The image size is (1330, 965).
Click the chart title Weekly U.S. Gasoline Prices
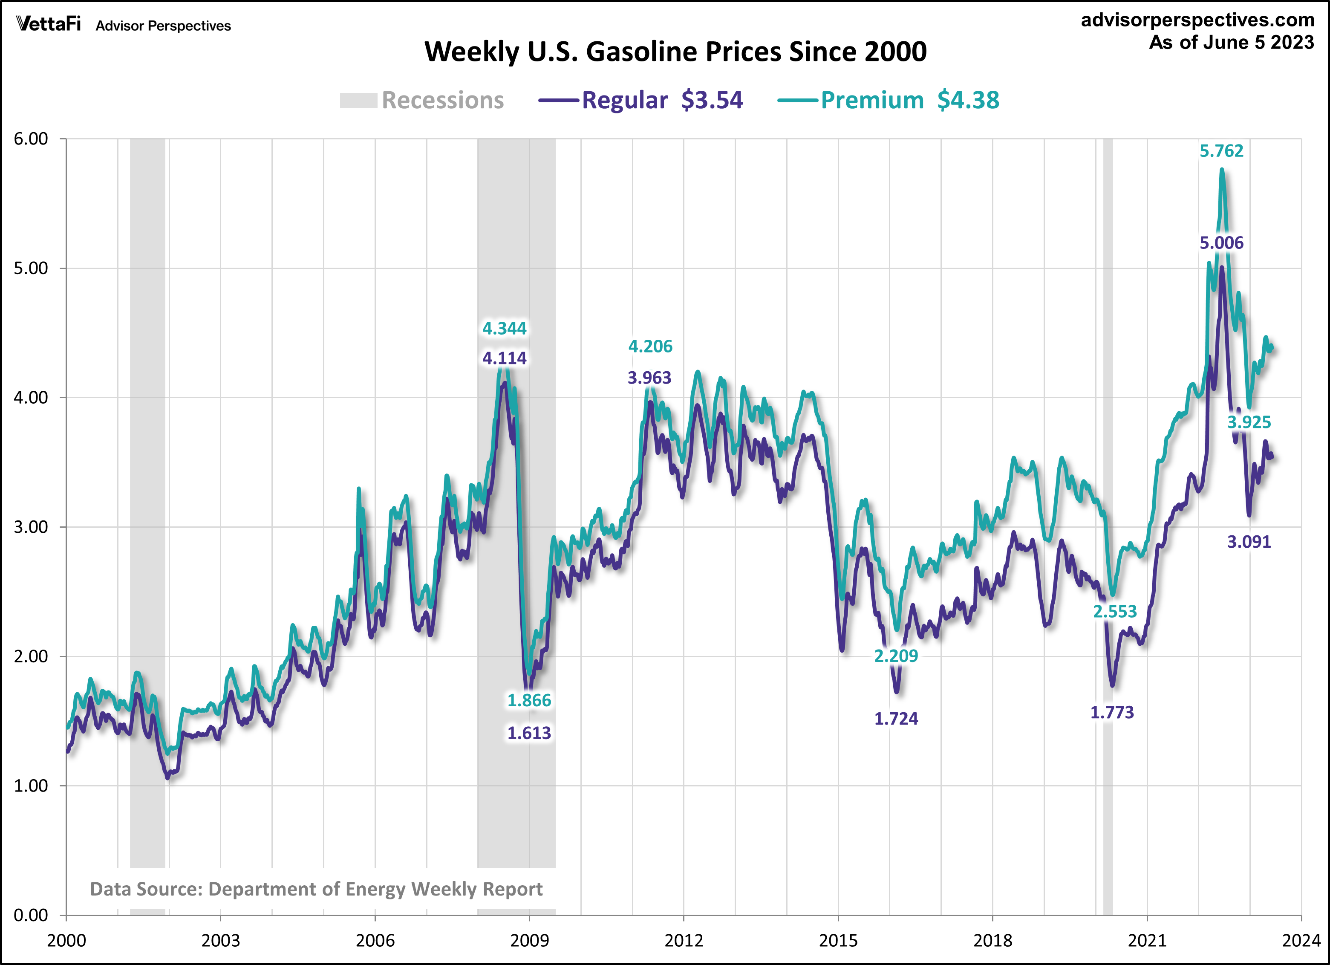[x=675, y=52]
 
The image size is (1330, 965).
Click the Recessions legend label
[x=442, y=100]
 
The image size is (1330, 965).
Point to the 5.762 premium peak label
[x=1221, y=151]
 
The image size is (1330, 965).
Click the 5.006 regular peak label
[x=1221, y=243]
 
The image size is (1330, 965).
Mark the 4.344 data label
[x=504, y=329]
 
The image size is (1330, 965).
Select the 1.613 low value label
[x=529, y=733]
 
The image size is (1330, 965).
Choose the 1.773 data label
[x=1112, y=713]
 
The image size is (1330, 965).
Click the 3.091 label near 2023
[x=1249, y=541]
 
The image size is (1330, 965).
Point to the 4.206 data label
[x=650, y=347]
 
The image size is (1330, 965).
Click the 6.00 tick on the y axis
[x=31, y=139]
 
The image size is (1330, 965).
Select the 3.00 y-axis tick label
[x=31, y=527]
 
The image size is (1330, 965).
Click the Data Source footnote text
[x=316, y=889]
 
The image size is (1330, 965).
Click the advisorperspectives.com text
[x=1197, y=20]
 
